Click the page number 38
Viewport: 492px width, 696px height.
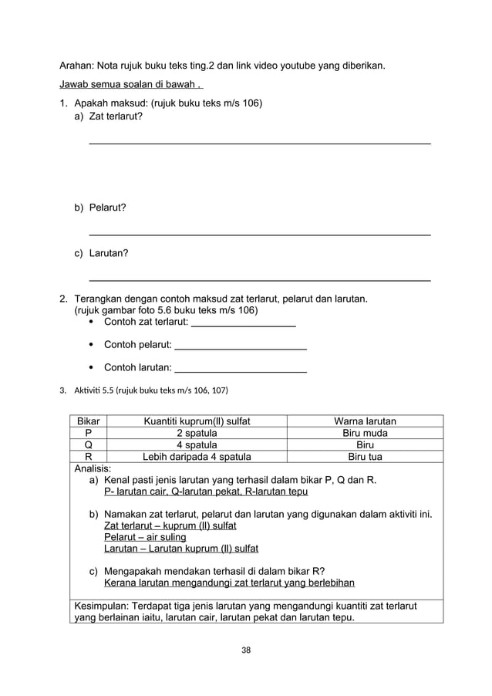[246, 650]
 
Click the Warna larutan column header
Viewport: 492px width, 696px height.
[365, 421]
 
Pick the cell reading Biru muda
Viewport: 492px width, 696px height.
[365, 433]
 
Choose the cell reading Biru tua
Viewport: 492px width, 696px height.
[365, 457]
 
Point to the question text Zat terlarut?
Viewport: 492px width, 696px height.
[116, 116]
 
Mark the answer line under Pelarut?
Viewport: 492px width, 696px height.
[260, 233]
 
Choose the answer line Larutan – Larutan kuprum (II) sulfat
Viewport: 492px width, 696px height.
[181, 549]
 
